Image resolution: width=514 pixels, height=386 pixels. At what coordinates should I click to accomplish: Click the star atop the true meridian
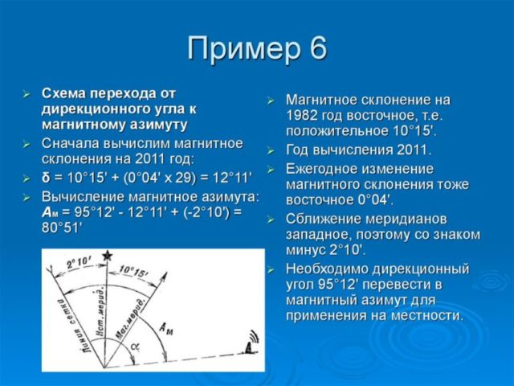point(107,255)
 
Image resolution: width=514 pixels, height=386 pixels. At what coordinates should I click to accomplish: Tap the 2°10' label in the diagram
point(80,263)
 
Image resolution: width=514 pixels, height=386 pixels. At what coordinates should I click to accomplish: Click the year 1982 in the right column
point(304,115)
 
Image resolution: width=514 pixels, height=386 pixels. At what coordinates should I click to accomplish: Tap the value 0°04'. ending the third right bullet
point(372,199)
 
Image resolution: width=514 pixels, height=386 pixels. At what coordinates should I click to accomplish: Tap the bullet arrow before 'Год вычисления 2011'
point(270,150)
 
